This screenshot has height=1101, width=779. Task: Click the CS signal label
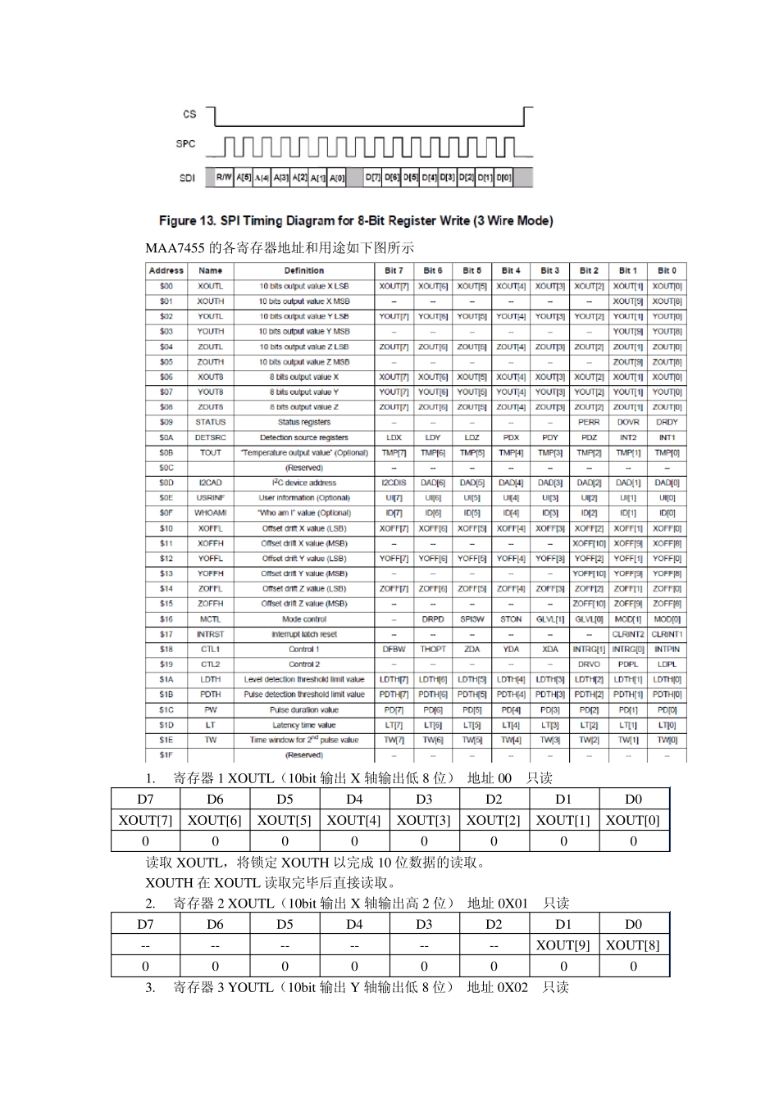pyautogui.click(x=190, y=114)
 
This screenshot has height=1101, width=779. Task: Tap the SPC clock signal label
pyautogui.click(x=186, y=144)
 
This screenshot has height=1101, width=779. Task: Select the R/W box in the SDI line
pyautogui.click(x=224, y=178)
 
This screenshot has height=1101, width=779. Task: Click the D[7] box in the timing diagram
pyautogui.click(x=373, y=178)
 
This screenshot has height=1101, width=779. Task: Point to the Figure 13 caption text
pyautogui.click(x=356, y=221)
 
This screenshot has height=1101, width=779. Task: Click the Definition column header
pyautogui.click(x=304, y=270)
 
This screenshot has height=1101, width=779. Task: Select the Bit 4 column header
pyautogui.click(x=511, y=270)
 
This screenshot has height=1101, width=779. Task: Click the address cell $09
pyautogui.click(x=166, y=422)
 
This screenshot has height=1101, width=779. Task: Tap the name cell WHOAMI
pyautogui.click(x=211, y=513)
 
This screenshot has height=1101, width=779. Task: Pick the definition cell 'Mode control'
pyautogui.click(x=304, y=619)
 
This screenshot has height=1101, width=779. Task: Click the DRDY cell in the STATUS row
pyautogui.click(x=667, y=422)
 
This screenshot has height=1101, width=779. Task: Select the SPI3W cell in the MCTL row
pyautogui.click(x=472, y=619)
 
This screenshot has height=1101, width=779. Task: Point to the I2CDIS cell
pyautogui.click(x=394, y=483)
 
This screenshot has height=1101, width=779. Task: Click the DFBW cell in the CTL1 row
pyautogui.click(x=394, y=649)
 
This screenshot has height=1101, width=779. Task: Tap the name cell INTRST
pyautogui.click(x=211, y=634)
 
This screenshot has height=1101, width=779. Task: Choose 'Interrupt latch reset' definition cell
pyautogui.click(x=304, y=634)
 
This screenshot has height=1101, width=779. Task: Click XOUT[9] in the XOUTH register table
pyautogui.click(x=563, y=945)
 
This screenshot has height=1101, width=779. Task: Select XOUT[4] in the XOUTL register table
pyautogui.click(x=354, y=820)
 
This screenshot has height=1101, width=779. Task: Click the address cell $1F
pyautogui.click(x=166, y=754)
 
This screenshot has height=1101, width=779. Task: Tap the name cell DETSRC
pyautogui.click(x=211, y=437)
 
